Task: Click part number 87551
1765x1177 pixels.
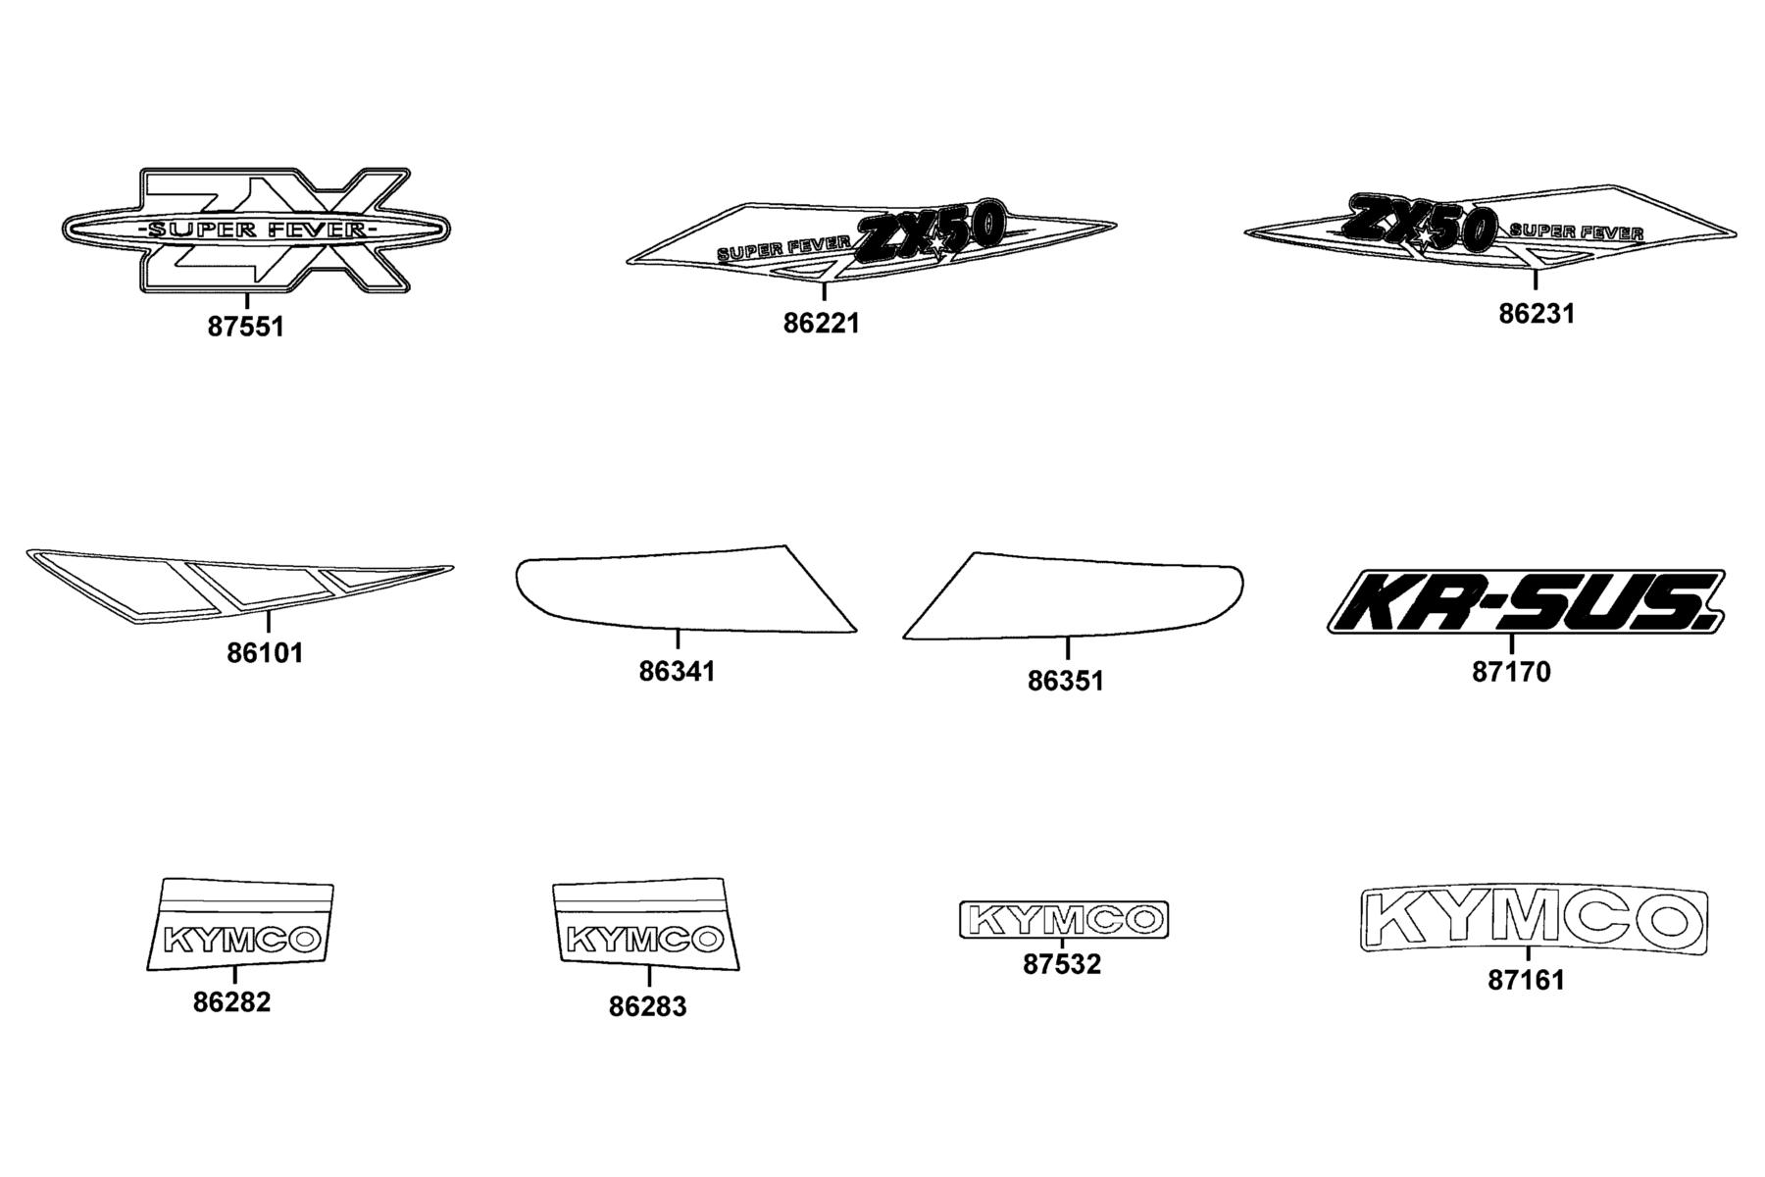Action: (x=245, y=327)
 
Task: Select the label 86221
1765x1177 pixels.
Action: (x=821, y=323)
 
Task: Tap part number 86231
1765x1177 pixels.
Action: (x=1537, y=314)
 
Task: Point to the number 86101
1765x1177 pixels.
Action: (x=265, y=652)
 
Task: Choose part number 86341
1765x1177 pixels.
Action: (x=677, y=672)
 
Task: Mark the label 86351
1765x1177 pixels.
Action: (x=1066, y=681)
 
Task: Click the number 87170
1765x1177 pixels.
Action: (x=1511, y=672)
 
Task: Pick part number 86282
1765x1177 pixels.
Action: (x=231, y=1002)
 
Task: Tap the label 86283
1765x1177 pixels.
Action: (x=648, y=1006)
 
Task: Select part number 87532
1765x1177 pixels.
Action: (x=1062, y=964)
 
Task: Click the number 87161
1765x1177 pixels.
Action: (x=1527, y=980)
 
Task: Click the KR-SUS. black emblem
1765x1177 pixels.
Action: (x=1526, y=601)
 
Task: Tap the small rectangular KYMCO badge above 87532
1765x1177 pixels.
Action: (x=1064, y=920)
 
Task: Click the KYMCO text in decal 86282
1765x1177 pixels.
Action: (x=241, y=940)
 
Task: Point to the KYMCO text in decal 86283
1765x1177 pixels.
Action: (x=643, y=941)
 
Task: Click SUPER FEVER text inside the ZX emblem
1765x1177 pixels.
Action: (x=255, y=230)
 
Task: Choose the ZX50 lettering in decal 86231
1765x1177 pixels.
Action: (x=1419, y=225)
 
